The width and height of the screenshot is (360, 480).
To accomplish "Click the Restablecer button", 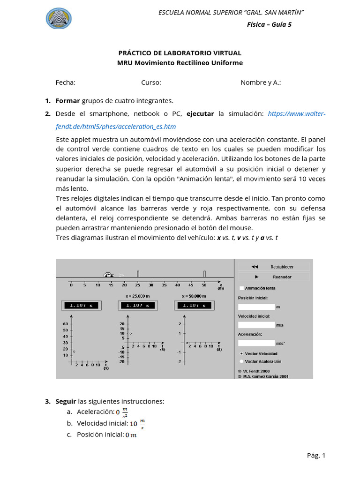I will pyautogui.click(x=273, y=267).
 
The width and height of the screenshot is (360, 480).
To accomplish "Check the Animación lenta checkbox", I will pyautogui.click(x=241, y=288).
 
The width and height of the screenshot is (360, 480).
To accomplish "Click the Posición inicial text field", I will pyautogui.click(x=256, y=307).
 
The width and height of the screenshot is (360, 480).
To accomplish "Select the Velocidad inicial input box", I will pyautogui.click(x=256, y=325).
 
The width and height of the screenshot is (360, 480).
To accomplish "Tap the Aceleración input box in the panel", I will pyautogui.click(x=256, y=343).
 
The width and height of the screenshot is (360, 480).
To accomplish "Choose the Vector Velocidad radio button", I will pyautogui.click(x=241, y=353).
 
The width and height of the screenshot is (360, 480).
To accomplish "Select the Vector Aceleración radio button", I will pyautogui.click(x=241, y=361).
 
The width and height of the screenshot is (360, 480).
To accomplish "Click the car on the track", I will pyautogui.click(x=109, y=275).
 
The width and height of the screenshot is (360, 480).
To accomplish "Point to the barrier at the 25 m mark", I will pyautogui.click(x=138, y=273).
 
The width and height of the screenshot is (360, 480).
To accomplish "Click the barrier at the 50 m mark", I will pyautogui.click(x=204, y=273).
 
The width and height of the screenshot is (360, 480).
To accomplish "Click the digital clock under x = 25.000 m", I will pyautogui.click(x=137, y=305).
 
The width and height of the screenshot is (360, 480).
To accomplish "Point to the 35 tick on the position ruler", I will pyautogui.click(x=164, y=285).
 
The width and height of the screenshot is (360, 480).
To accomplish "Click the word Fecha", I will pyautogui.click(x=65, y=82).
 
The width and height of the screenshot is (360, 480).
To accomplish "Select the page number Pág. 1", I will pyautogui.click(x=316, y=455).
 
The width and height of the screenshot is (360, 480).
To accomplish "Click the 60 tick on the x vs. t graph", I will pyautogui.click(x=65, y=324).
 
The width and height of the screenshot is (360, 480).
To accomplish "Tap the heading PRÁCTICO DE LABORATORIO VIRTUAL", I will pyautogui.click(x=180, y=53).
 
